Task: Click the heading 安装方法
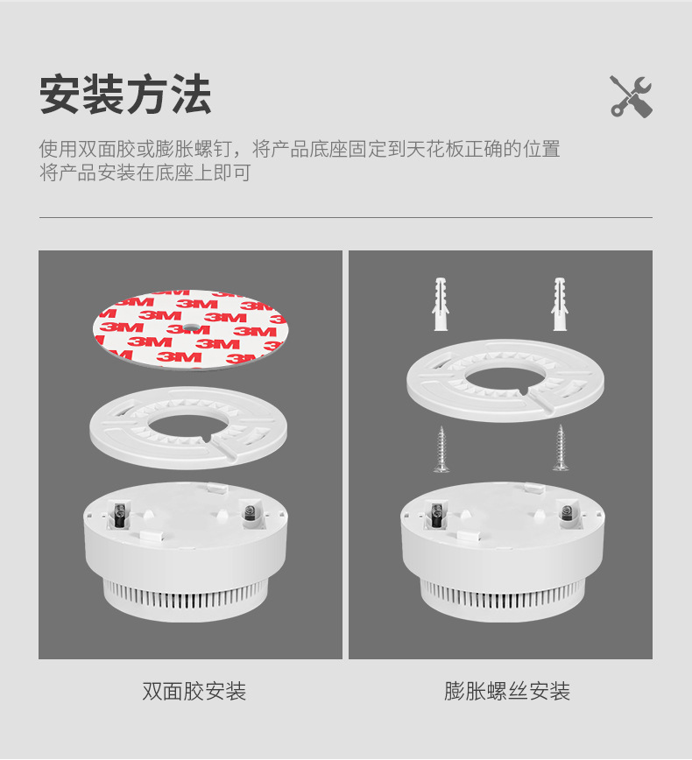[125, 95]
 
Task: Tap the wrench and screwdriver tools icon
[631, 95]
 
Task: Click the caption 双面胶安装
[194, 692]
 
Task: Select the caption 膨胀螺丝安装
[507, 692]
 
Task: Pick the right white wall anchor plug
[559, 304]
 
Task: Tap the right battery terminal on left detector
[249, 513]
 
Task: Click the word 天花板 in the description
[420, 149]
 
